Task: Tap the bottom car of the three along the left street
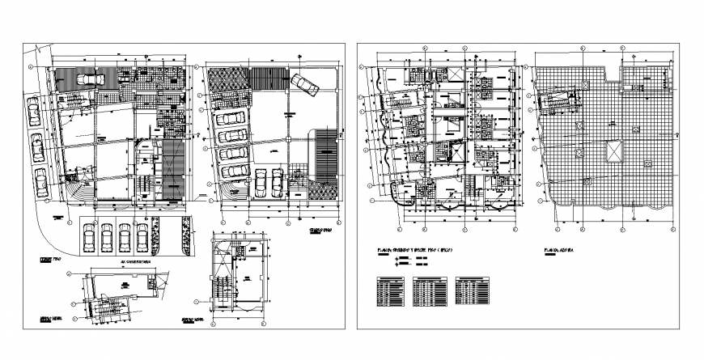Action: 40,176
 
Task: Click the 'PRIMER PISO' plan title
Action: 52,260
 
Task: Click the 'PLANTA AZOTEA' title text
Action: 560,251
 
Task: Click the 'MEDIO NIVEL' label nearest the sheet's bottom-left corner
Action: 54,320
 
